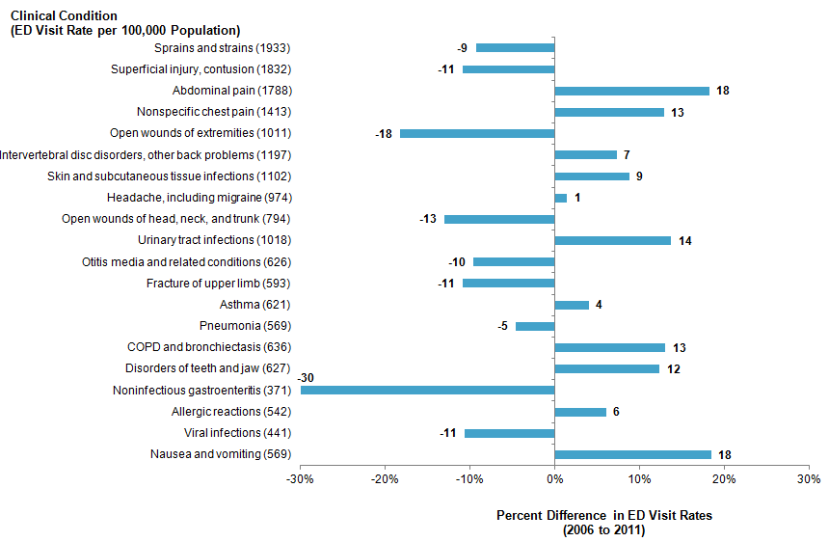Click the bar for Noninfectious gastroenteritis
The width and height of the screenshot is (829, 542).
coord(427,391)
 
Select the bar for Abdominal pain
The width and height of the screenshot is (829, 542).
coord(631,91)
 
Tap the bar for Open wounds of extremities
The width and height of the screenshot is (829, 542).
coord(477,133)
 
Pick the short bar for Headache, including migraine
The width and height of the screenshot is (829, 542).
coord(561,198)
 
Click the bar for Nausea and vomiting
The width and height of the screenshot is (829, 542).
coord(632,454)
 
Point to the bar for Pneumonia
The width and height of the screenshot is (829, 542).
coord(535,326)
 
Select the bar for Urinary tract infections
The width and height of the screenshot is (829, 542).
coord(612,240)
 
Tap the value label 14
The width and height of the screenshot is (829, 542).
coord(685,240)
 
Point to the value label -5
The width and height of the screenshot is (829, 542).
coord(502,326)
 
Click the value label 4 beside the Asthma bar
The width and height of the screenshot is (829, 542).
coord(599,305)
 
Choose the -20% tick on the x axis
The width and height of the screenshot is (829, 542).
coord(386,479)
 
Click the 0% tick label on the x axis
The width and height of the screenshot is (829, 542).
coord(554,479)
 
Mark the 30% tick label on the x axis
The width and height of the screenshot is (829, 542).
coord(808,479)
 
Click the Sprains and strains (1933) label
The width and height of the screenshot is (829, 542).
coord(222,48)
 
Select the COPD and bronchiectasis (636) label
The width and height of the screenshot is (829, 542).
coord(209,347)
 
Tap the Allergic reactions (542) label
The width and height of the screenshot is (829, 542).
coord(230,412)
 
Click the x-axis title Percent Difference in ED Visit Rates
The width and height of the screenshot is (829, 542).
coord(603,515)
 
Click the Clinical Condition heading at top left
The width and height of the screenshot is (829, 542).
coord(64,16)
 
